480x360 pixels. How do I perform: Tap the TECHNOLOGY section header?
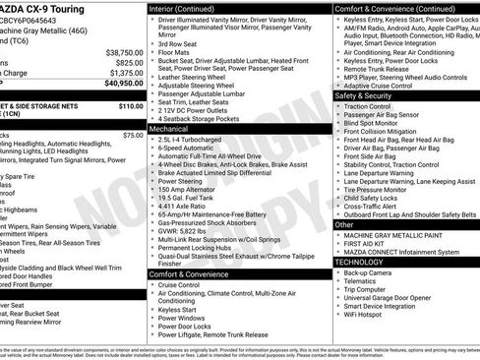click(x=360, y=263)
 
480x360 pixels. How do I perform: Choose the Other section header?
click(x=344, y=224)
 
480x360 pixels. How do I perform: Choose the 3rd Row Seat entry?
click(x=180, y=43)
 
